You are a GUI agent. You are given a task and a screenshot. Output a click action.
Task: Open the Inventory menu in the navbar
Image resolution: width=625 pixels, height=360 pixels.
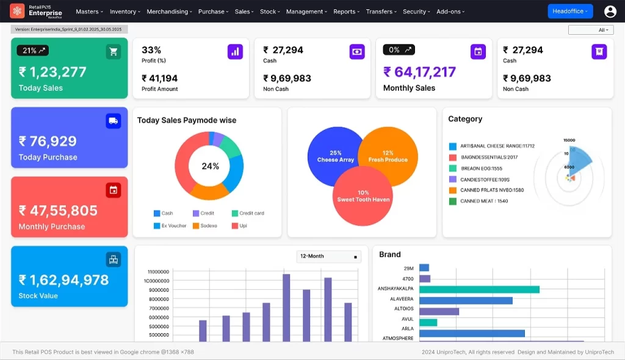[x=125, y=12]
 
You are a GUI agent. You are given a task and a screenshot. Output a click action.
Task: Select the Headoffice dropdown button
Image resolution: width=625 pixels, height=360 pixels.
[x=570, y=11]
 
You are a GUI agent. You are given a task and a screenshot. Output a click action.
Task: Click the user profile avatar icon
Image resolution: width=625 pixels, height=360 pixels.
[x=610, y=12]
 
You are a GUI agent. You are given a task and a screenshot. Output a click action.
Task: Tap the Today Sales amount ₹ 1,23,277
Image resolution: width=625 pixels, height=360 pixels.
[x=52, y=72]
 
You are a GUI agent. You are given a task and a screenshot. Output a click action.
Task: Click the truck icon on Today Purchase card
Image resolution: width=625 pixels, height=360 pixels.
[x=113, y=121]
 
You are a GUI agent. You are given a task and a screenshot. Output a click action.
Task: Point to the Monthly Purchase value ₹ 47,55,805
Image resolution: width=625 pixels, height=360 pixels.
[x=58, y=211]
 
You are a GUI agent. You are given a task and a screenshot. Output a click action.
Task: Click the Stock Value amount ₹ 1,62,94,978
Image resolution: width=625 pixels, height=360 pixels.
[x=63, y=280]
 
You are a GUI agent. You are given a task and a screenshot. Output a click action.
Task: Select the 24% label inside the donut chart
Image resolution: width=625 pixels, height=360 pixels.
[x=210, y=166]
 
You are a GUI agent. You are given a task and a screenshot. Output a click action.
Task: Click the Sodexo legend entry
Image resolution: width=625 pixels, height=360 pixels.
[x=205, y=226]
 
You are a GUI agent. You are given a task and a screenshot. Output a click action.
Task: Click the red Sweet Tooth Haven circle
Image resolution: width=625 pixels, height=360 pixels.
[x=363, y=196]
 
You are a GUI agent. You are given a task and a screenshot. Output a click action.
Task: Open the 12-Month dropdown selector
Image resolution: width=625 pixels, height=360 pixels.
[x=328, y=256]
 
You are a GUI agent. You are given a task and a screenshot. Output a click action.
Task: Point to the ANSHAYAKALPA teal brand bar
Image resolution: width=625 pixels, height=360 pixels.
[x=479, y=289]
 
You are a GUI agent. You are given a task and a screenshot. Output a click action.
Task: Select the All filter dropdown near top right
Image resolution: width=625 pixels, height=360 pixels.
[x=590, y=30]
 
